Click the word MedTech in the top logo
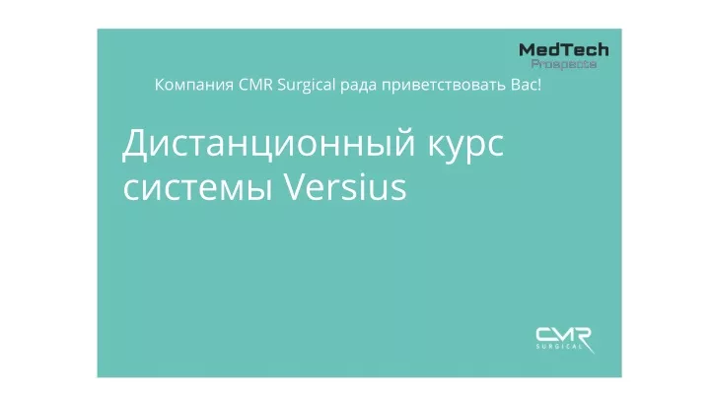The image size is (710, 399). (564, 50)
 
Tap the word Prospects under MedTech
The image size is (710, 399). (564, 64)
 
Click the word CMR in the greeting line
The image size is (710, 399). (255, 85)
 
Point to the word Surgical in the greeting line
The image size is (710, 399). (307, 85)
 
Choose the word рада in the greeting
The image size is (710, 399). (358, 86)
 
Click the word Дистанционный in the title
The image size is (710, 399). (268, 144)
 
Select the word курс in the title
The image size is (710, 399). (465, 147)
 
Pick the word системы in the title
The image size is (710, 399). (197, 188)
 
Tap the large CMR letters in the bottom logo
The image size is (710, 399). (564, 335)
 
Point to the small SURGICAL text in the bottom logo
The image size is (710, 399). (559, 347)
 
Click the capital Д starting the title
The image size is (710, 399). (136, 145)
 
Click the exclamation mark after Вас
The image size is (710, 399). (539, 85)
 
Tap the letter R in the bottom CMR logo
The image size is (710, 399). (583, 337)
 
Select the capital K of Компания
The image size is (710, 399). (161, 85)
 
